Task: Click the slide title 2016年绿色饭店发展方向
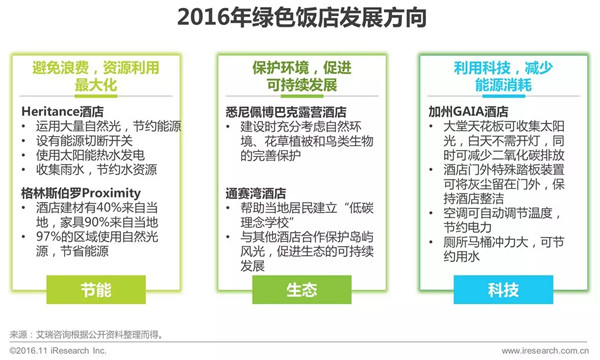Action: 302,18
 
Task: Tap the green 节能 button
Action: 96,290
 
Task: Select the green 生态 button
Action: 302,290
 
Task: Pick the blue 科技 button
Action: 503,290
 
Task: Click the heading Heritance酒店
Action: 62,112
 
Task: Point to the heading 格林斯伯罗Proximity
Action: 81,193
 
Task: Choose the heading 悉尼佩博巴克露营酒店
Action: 286,112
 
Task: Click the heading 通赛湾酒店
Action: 256,193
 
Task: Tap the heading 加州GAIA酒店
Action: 468,112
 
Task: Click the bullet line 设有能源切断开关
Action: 84,141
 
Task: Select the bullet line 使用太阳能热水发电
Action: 90,155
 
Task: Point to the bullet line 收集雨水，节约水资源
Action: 96,170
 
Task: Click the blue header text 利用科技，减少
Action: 503,68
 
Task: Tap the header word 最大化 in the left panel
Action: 96,85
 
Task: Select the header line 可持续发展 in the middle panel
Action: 302,85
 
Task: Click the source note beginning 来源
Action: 86,335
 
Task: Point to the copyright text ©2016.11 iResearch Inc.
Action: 58,350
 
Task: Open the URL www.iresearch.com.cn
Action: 545,350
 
